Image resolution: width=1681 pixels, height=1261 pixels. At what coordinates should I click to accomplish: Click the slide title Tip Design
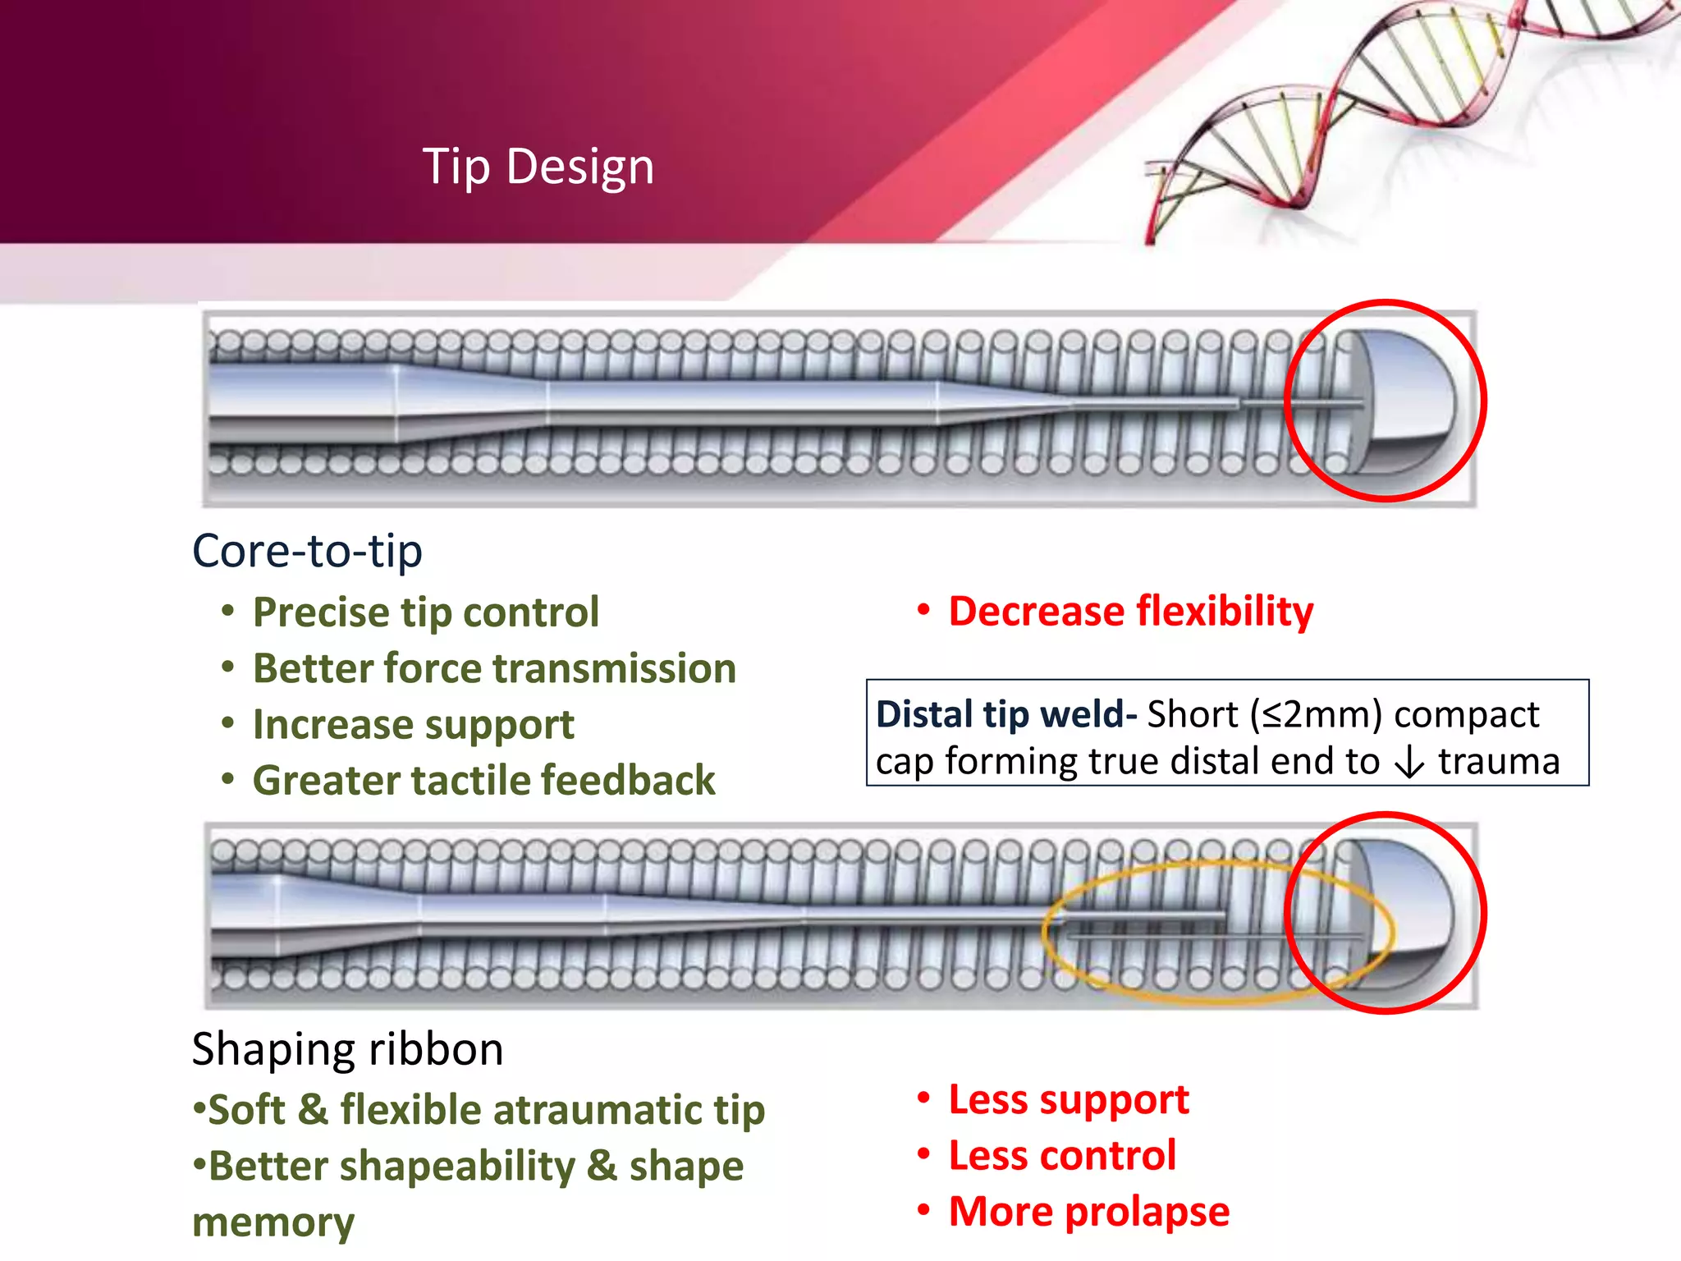pos(538,167)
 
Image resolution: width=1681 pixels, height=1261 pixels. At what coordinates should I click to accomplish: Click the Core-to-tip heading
pos(307,551)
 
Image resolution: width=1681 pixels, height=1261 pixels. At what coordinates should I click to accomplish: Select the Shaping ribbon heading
pos(347,1049)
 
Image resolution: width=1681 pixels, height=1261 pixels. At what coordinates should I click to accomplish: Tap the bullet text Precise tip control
pos(425,612)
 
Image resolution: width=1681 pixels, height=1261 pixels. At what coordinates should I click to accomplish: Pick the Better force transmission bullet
pos(494,668)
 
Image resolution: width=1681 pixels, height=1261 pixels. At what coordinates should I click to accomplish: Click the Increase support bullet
pos(413,725)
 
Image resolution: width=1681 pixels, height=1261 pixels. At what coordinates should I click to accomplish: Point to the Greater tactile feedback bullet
pos(483,780)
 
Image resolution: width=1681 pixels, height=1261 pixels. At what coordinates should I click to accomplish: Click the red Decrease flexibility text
pos(1130,612)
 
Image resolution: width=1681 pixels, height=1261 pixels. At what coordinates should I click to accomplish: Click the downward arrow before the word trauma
pos(1409,763)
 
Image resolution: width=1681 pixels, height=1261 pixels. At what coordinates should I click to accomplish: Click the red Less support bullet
pos(1068,1099)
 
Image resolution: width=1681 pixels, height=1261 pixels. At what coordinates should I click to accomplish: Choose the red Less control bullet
pos(1062,1156)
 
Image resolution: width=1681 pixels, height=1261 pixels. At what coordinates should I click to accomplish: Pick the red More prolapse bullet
pos(1088,1212)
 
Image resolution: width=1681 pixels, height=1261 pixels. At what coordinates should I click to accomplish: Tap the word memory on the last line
pos(273,1222)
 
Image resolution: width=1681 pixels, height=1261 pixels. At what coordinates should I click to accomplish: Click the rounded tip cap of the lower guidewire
pos(1405,911)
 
